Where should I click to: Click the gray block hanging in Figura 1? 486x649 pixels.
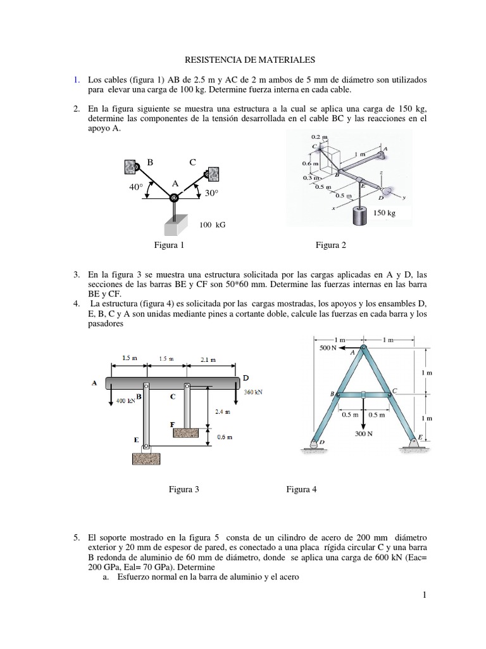[173, 225]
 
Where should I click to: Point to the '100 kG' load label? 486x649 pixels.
[212, 225]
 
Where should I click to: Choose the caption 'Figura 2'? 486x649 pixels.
[331, 245]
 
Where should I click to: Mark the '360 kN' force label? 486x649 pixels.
[253, 392]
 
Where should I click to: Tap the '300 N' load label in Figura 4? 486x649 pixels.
[363, 435]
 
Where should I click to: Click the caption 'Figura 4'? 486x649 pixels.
[301, 489]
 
